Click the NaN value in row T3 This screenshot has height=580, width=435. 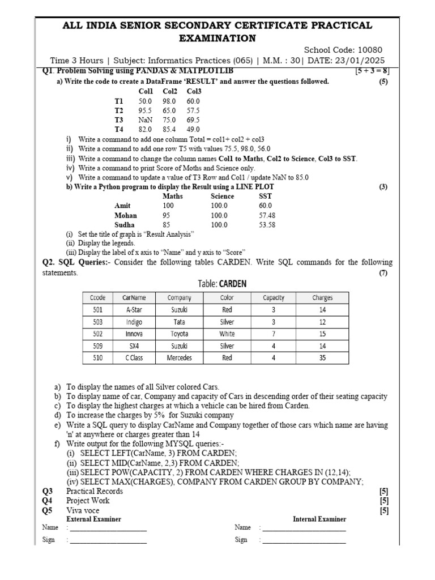point(145,120)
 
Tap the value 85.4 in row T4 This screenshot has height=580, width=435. point(169,130)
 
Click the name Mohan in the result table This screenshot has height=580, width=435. point(125,215)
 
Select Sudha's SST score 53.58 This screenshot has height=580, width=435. point(267,225)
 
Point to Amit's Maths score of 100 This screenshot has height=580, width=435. point(168,206)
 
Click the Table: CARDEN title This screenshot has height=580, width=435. point(222,284)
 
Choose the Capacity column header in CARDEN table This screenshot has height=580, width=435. point(274,297)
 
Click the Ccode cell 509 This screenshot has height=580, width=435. point(97,346)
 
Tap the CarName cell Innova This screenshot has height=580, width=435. point(134,334)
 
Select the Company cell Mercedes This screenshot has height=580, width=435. point(179,357)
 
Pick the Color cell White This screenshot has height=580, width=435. point(227,334)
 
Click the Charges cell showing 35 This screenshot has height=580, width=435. point(322,357)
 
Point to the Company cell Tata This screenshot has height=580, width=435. point(179,322)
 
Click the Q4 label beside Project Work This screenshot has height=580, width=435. point(47,501)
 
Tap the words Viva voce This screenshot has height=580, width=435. point(83,510)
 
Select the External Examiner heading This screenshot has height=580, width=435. point(93,519)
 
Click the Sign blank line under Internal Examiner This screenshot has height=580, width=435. point(304,540)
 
